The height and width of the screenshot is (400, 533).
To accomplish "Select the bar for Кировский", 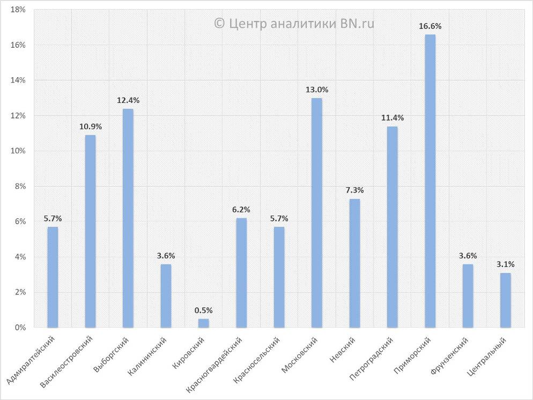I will coord(204,323).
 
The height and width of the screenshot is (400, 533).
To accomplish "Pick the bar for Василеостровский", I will coord(91,231).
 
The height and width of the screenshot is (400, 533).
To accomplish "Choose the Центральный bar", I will coord(506,300).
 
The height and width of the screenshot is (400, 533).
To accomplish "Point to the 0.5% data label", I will coord(204,310).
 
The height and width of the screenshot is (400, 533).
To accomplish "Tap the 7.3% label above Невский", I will coord(354,190).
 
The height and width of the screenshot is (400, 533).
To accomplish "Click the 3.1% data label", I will coord(506,264).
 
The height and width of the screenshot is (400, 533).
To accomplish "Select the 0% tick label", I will coord(20,328).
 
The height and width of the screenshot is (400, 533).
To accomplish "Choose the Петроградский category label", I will coord(371,359).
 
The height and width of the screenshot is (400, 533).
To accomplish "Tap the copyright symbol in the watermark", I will coord(219,24).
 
